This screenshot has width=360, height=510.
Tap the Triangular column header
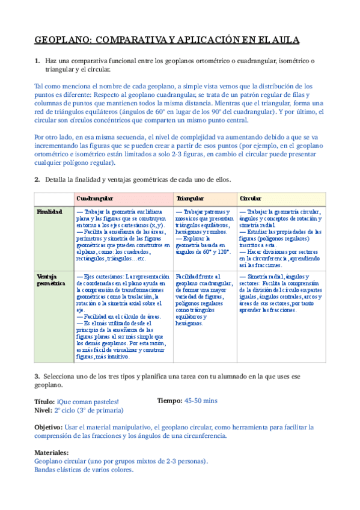[189, 198]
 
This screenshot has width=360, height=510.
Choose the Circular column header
[250, 198]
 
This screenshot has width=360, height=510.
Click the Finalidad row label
[49, 212]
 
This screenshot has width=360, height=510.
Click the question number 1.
[37, 61]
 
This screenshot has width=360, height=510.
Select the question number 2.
[37, 179]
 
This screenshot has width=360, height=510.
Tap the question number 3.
[37, 376]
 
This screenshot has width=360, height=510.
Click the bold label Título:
[44, 401]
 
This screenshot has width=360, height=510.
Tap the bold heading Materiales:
[52, 452]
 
